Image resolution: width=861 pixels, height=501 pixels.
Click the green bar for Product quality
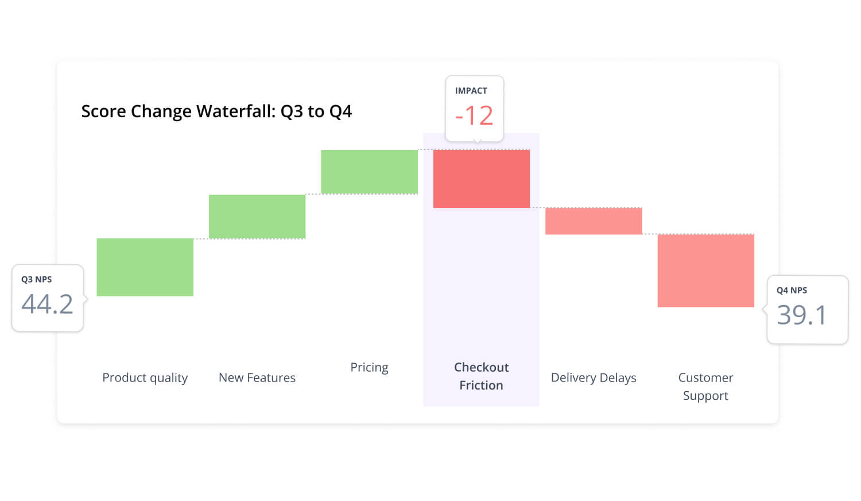145,267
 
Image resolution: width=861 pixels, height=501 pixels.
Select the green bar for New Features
257,217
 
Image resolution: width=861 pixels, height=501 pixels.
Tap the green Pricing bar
369,172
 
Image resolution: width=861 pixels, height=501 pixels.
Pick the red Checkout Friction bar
481,179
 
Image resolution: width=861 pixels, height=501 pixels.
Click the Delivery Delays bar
594,221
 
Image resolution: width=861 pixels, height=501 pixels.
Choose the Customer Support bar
705,271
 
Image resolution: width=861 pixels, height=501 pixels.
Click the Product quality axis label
145,377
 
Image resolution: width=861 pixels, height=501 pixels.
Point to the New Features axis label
257,377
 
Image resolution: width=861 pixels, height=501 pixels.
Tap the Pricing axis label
369,367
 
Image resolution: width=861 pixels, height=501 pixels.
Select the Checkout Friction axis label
481,376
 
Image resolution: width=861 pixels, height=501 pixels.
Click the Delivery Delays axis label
594,377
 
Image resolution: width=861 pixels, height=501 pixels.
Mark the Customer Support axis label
705,386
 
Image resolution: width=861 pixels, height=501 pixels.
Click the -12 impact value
474,115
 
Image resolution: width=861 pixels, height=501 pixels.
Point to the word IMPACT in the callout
471,91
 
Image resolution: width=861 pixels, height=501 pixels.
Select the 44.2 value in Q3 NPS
47,304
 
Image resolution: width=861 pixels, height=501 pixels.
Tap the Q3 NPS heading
36,279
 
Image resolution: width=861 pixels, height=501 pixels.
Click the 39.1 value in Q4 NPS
801,315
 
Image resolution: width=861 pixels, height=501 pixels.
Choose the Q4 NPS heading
792,290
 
